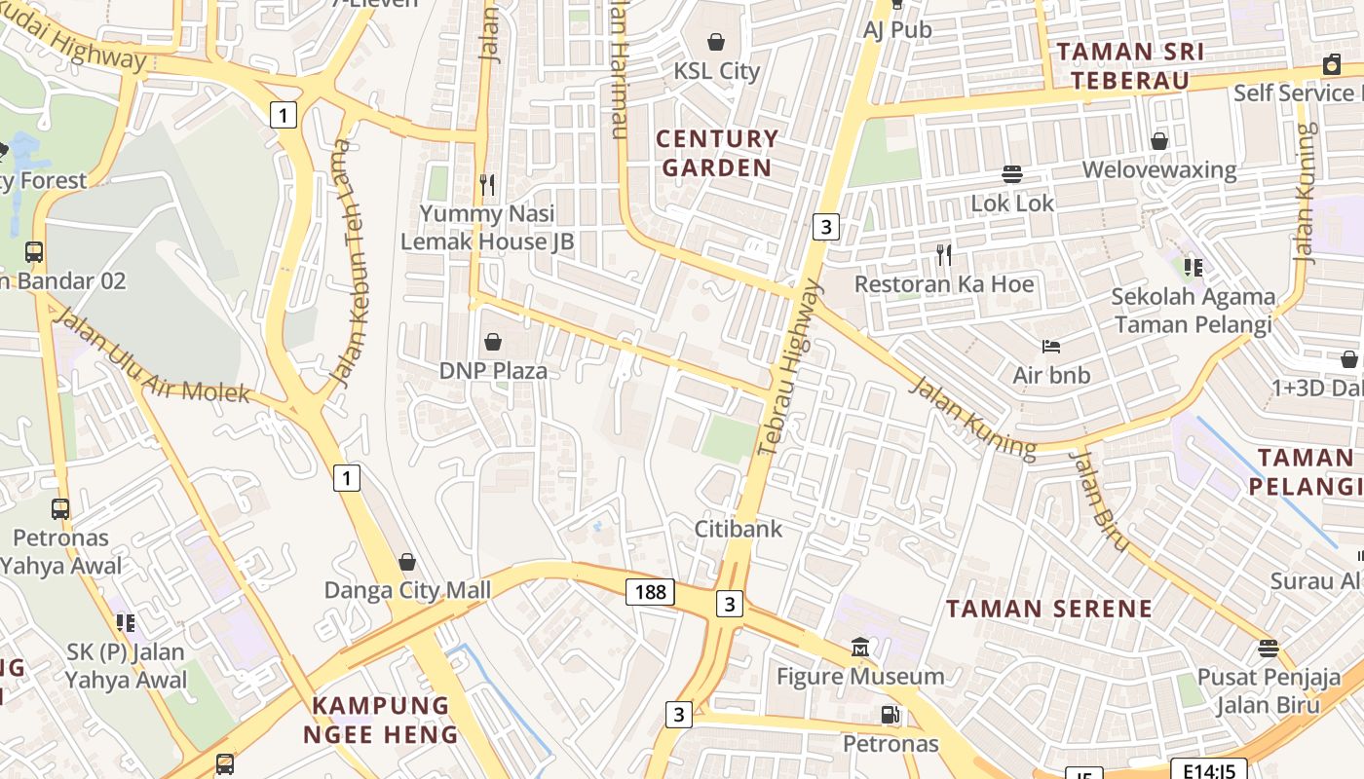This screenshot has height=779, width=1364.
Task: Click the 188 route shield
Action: pyautogui.click(x=650, y=591)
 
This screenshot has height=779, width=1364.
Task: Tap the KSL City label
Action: pyautogui.click(x=716, y=71)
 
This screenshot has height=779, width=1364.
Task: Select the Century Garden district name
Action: pyautogui.click(x=717, y=153)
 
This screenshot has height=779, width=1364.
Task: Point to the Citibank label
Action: pyautogui.click(x=738, y=529)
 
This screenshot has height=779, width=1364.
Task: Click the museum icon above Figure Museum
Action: pyautogui.click(x=860, y=648)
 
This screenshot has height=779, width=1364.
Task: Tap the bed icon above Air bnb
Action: pyautogui.click(x=1050, y=346)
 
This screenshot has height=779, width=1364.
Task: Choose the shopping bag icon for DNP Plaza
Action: pyautogui.click(x=493, y=342)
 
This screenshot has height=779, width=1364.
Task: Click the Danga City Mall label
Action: pyautogui.click(x=407, y=590)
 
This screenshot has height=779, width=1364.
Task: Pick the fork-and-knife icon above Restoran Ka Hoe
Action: pyautogui.click(x=943, y=255)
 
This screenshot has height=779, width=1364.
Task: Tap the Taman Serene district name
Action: pyautogui.click(x=1049, y=609)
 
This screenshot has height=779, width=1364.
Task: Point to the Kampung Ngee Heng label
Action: pyautogui.click(x=380, y=720)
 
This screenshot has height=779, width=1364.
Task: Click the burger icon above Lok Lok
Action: pyautogui.click(x=1012, y=174)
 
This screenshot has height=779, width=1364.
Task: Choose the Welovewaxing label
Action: pyautogui.click(x=1158, y=170)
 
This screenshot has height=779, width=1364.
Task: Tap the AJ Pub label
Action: pyautogui.click(x=897, y=29)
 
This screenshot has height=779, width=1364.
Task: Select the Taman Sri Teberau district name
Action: pyautogui.click(x=1130, y=65)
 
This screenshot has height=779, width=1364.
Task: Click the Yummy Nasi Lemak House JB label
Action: pyautogui.click(x=487, y=227)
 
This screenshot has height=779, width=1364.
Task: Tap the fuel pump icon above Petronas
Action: pyautogui.click(x=890, y=716)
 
